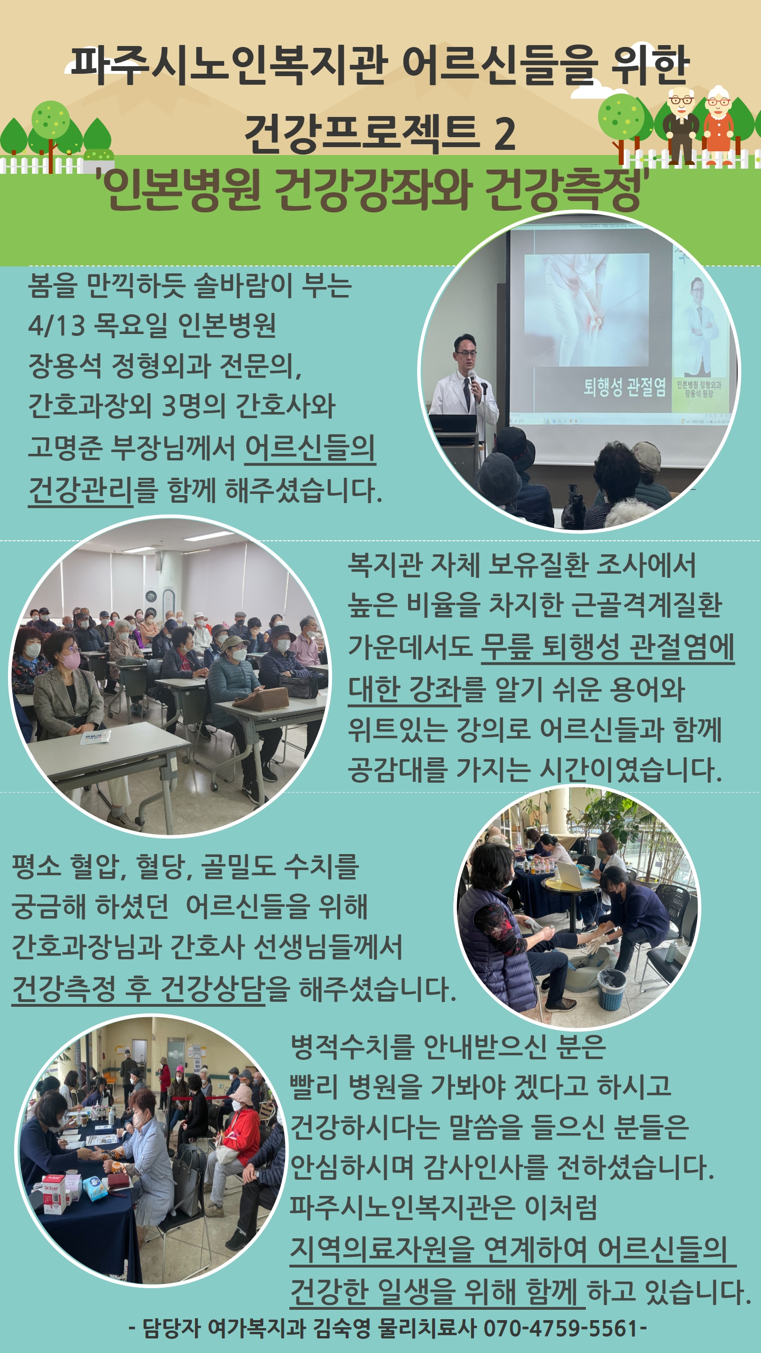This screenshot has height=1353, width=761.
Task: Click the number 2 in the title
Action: tap(505, 133)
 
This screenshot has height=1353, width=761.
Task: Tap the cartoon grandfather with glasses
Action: tap(681, 126)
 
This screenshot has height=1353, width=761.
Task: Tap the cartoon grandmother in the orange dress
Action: tap(718, 126)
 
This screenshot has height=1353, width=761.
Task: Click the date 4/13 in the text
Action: tap(56, 325)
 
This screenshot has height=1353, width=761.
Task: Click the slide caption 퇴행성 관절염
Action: tap(624, 387)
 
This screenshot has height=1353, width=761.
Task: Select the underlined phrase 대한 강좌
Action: tap(404, 689)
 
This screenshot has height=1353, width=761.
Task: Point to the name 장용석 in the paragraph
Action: tap(65, 365)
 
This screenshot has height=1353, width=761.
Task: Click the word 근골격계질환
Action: tap(646, 605)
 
